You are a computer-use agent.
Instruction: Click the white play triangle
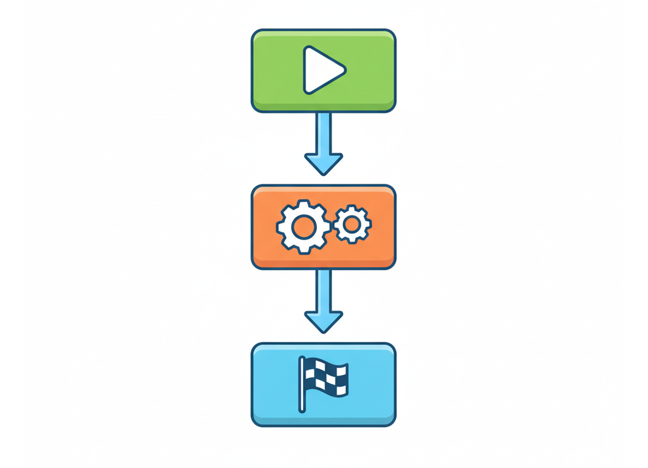[x=320, y=70]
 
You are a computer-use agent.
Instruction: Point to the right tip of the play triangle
[x=345, y=68]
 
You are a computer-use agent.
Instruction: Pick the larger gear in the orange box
[x=303, y=226]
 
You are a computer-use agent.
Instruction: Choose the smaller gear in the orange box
[x=352, y=223]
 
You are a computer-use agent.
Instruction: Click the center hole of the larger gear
[x=303, y=226]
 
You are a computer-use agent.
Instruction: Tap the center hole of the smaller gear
[x=352, y=223]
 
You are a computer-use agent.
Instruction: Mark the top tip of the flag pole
[x=302, y=359]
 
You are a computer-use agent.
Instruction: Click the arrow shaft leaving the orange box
[x=323, y=289]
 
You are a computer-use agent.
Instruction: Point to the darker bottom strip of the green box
[x=323, y=106]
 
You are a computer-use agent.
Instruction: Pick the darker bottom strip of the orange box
[x=323, y=263]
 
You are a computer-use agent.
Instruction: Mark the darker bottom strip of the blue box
[x=323, y=420]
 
